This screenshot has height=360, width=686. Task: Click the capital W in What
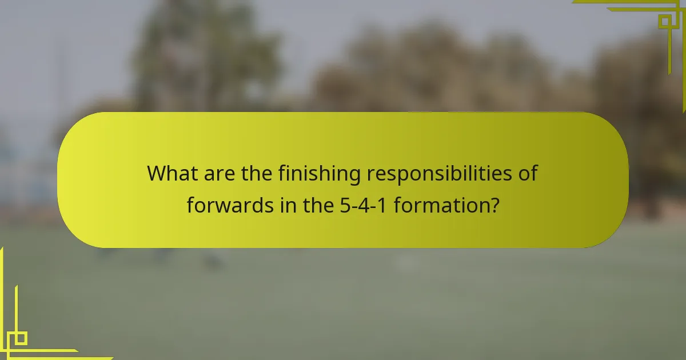[x=157, y=173]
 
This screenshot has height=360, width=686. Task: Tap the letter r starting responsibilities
[x=369, y=174]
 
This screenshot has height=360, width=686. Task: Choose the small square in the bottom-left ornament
[x=21, y=338]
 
